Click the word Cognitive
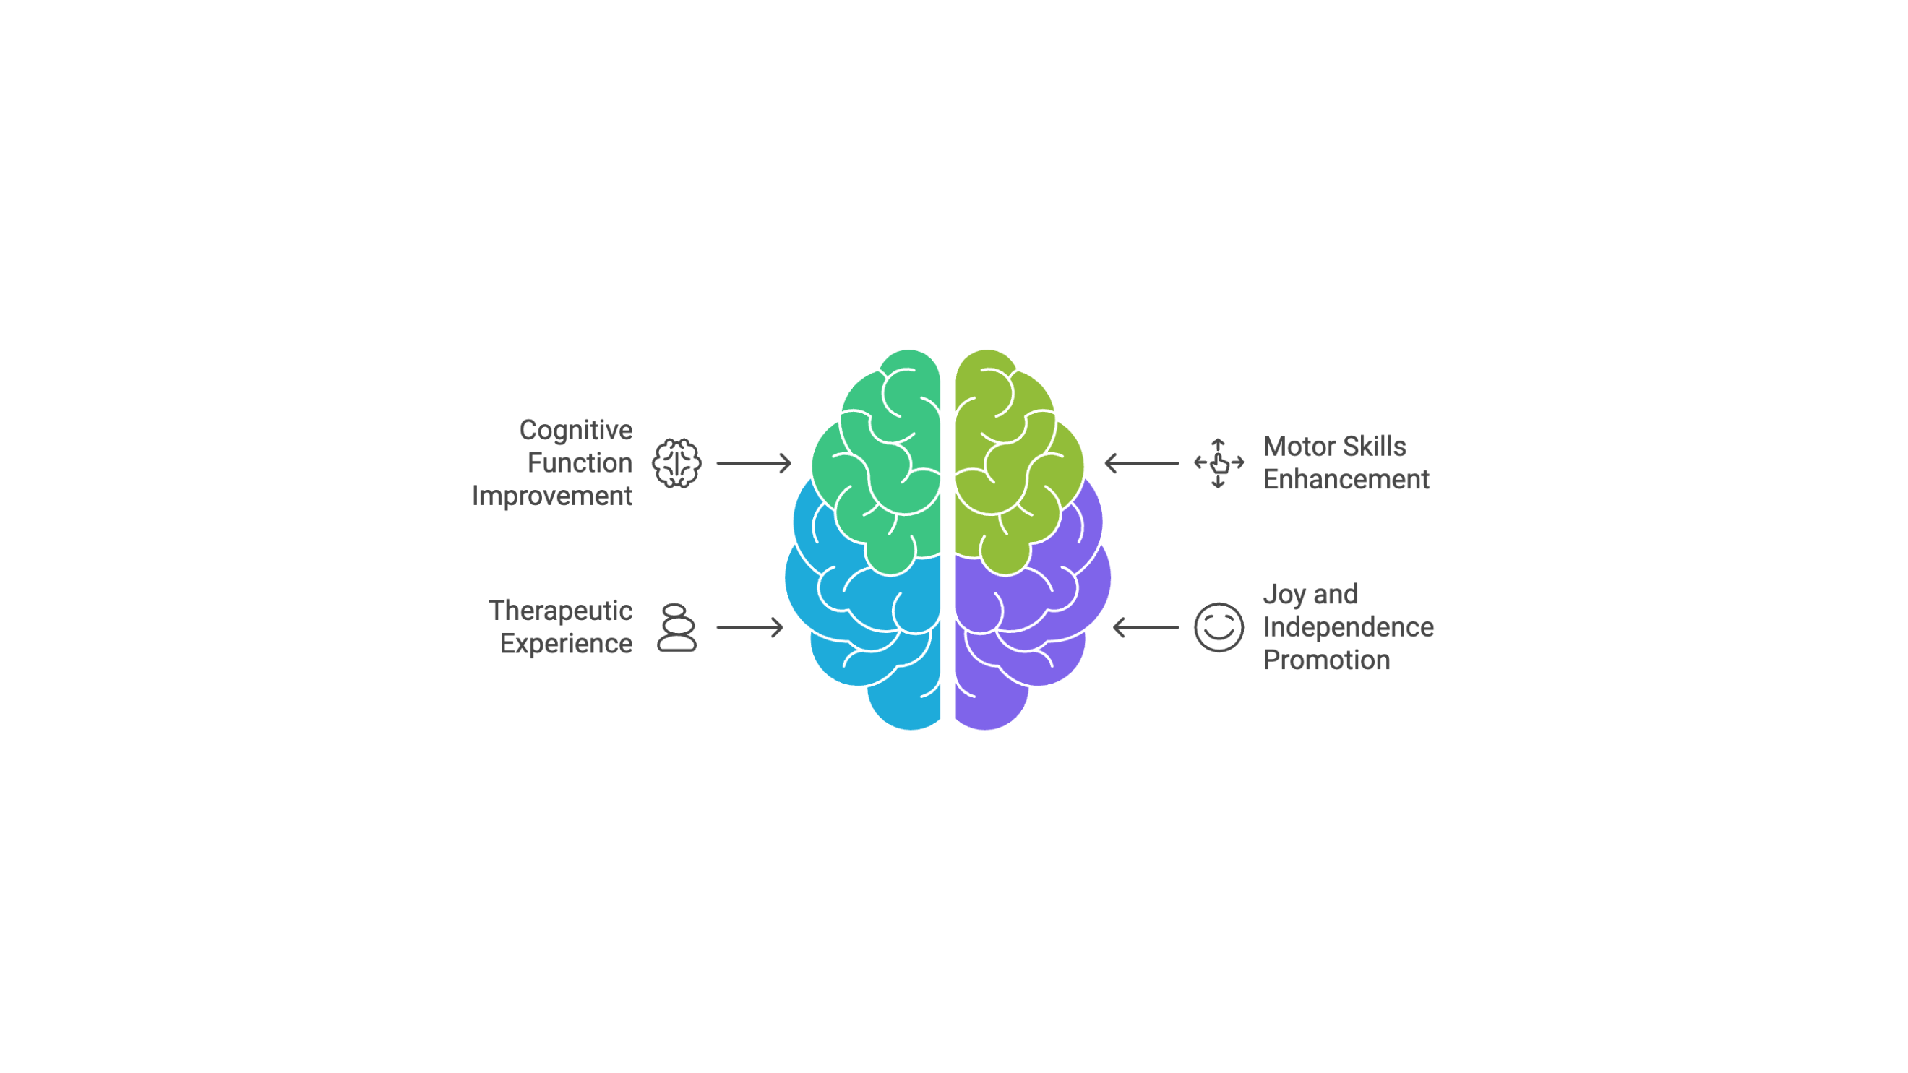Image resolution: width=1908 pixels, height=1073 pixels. tap(575, 431)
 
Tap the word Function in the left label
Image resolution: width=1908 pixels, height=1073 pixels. tap(580, 463)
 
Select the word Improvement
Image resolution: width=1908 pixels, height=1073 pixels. tap(552, 496)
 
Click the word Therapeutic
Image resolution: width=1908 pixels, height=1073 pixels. tap(560, 611)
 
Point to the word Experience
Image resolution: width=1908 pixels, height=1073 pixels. tap(566, 644)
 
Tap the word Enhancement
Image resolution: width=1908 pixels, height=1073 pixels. tap(1346, 479)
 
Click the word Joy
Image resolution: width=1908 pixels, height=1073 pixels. tap(1284, 595)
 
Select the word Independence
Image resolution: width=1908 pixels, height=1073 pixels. tap(1348, 627)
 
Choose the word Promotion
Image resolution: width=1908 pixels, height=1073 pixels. tap(1325, 660)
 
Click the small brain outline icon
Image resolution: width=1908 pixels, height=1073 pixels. tap(676, 463)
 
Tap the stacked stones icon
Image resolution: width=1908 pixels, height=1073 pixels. tap(676, 627)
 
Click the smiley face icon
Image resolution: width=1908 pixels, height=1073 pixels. tap(1219, 627)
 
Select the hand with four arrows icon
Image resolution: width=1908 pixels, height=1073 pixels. tap(1219, 463)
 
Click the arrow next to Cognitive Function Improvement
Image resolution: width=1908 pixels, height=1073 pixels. tap(754, 463)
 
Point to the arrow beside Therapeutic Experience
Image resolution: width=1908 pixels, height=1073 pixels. tap(749, 627)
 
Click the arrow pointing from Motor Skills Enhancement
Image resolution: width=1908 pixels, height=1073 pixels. tap(1141, 463)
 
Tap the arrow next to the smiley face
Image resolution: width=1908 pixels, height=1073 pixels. tap(1146, 627)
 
